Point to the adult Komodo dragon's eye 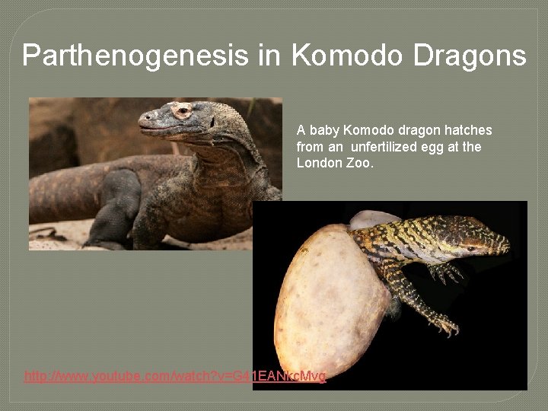[x=181, y=111]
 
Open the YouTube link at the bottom [x=175, y=376]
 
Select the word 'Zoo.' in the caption [x=360, y=163]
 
